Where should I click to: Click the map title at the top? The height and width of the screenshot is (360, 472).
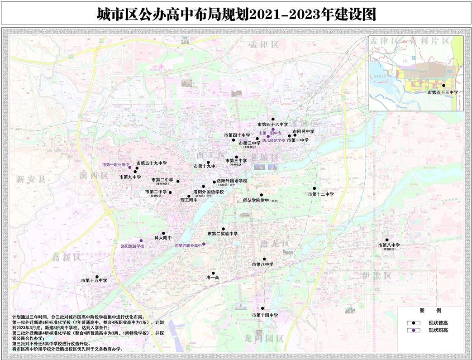pyautogui.click(x=236, y=14)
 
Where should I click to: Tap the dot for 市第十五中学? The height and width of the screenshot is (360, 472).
pyautogui.click(x=97, y=276)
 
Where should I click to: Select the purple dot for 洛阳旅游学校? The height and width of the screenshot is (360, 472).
pyautogui.click(x=141, y=240)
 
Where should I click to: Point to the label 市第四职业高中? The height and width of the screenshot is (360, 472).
pyautogui.click(x=188, y=245)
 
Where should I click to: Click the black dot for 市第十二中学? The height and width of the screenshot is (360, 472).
pyautogui.click(x=314, y=188)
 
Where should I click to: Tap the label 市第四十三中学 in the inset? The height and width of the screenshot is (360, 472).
pyautogui.click(x=443, y=92)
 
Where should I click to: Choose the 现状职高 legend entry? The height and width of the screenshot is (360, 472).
pyautogui.click(x=438, y=331)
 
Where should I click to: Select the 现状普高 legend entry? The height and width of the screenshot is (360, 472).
pyautogui.click(x=438, y=323)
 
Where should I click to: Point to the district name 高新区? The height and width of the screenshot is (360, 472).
pyautogui.click(x=66, y=258)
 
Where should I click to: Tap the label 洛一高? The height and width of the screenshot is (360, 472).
pyautogui.click(x=213, y=277)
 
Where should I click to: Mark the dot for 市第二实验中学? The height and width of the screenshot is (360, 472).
pyautogui.click(x=223, y=229)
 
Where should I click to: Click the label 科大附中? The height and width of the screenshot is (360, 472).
pyautogui.click(x=163, y=237)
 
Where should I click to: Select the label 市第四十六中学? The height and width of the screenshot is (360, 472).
pyautogui.click(x=272, y=124)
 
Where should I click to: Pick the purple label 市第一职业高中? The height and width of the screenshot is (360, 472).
pyautogui.click(x=116, y=164)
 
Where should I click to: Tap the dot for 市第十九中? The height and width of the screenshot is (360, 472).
pyautogui.click(x=208, y=162)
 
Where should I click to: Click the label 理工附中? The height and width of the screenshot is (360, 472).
pyautogui.click(x=189, y=200)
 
